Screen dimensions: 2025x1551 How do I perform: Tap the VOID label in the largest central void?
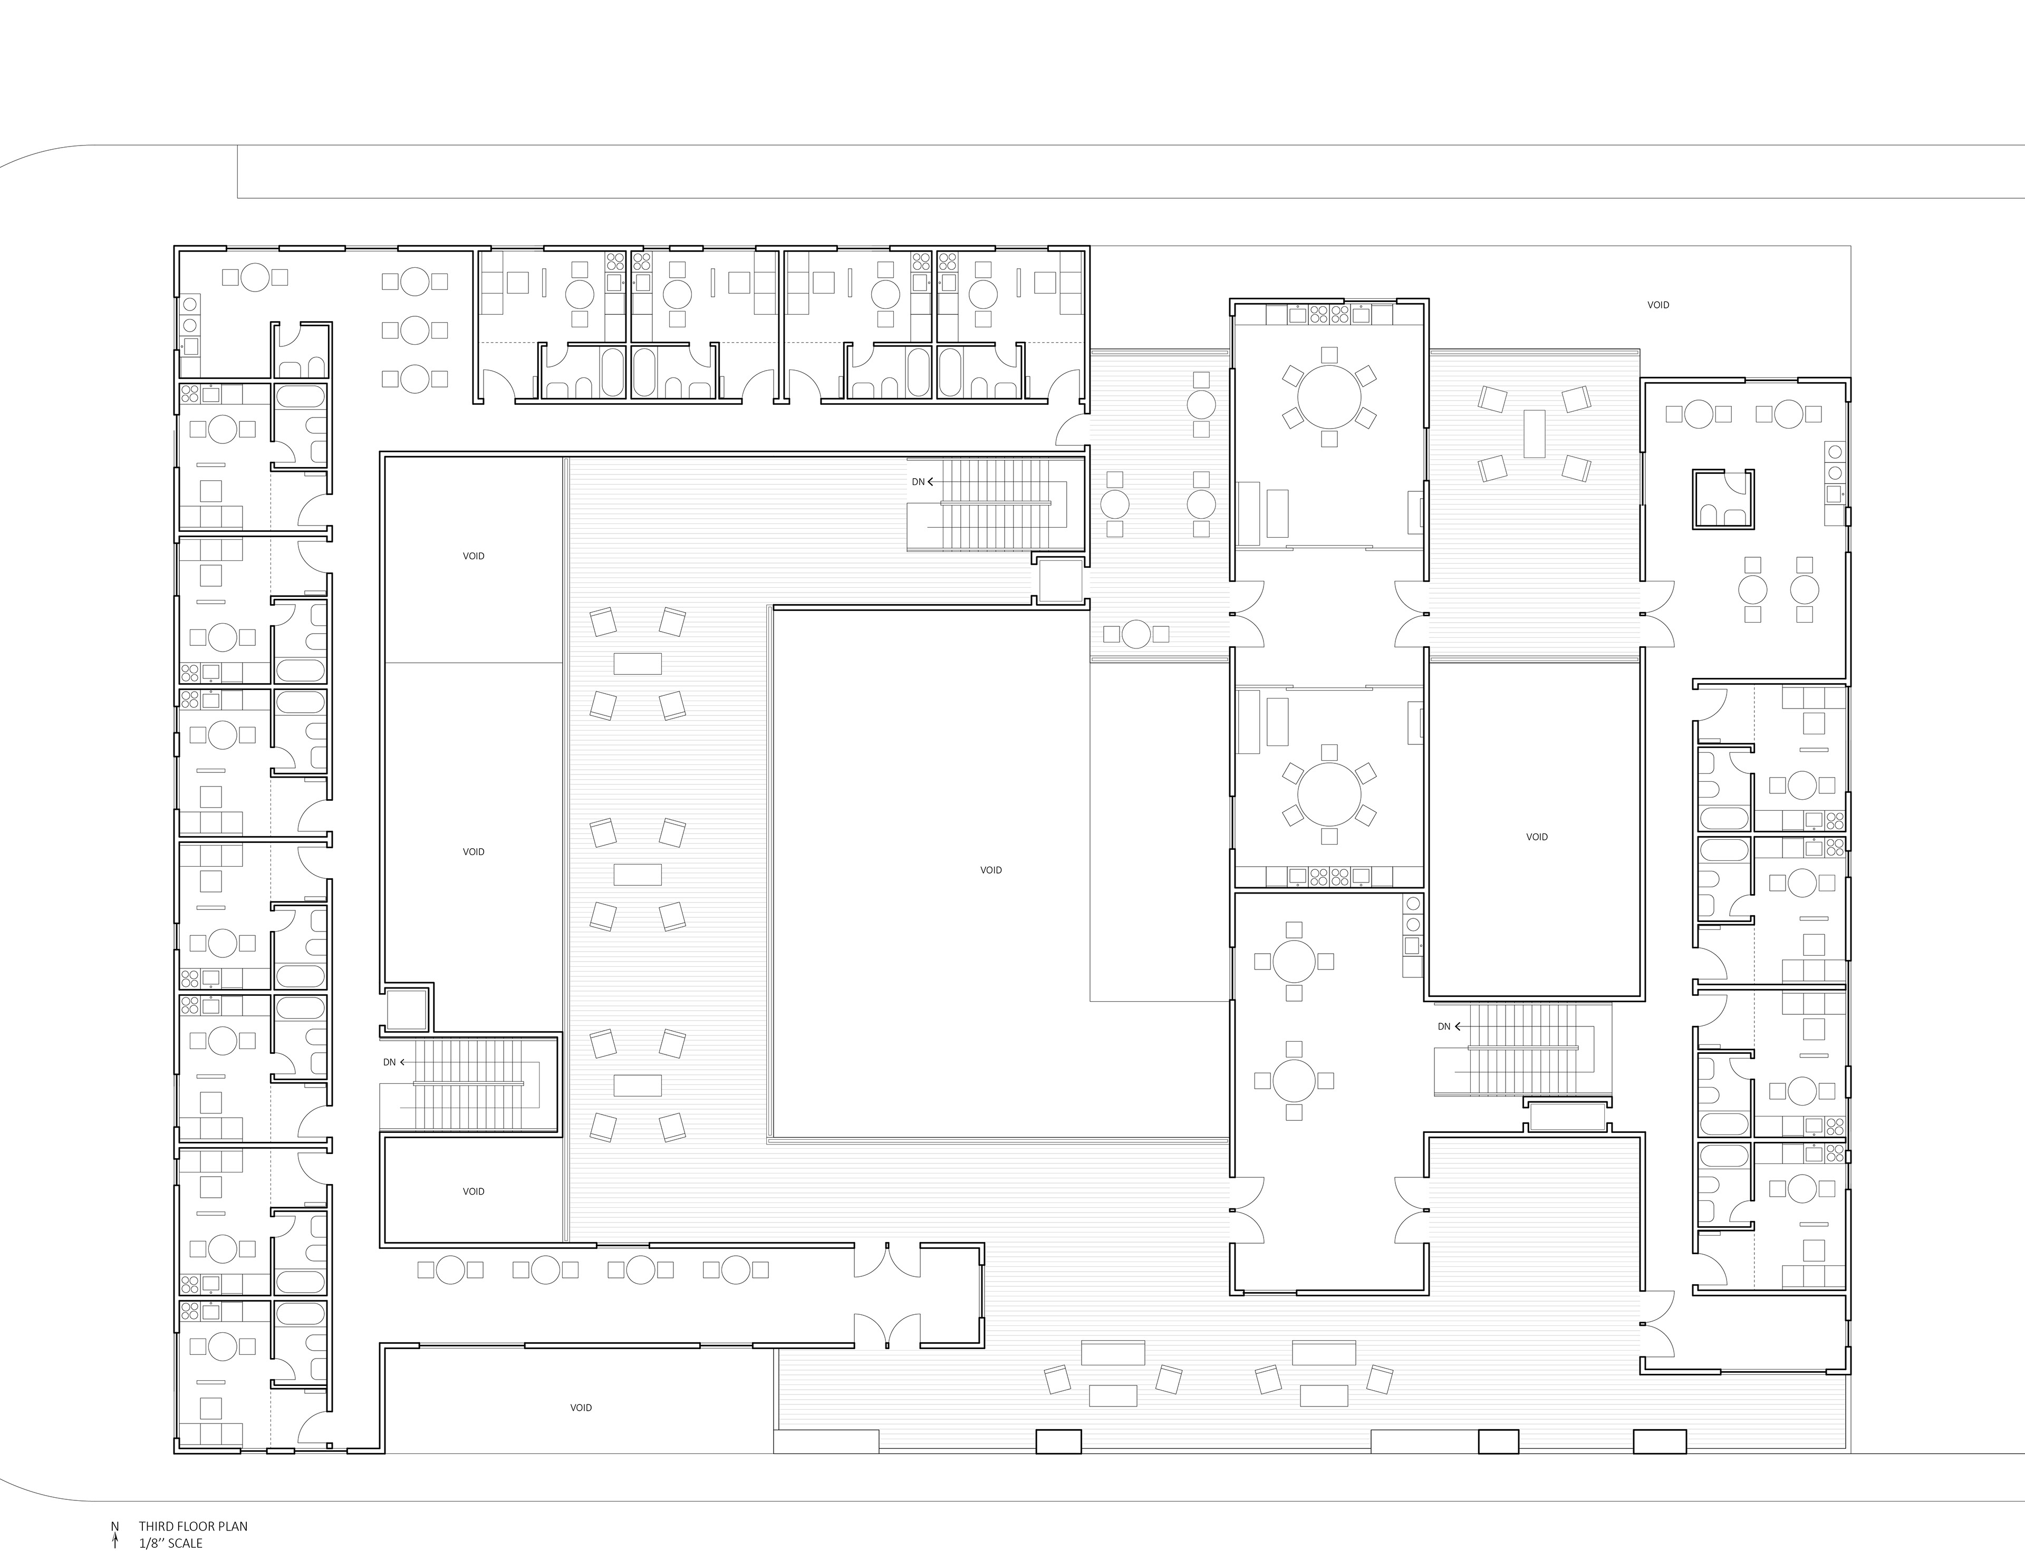(x=991, y=870)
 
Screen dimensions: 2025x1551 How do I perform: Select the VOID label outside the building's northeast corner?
(x=1658, y=305)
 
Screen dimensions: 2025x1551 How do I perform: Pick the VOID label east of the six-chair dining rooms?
(x=1537, y=837)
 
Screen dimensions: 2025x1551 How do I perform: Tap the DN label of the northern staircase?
(x=918, y=482)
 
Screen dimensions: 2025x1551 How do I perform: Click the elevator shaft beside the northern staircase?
(x=1060, y=580)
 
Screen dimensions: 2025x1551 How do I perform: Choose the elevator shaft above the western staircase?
(x=406, y=1009)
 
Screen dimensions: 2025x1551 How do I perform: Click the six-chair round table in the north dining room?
(x=1329, y=397)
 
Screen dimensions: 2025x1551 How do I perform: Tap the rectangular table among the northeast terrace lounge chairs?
(x=1534, y=433)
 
